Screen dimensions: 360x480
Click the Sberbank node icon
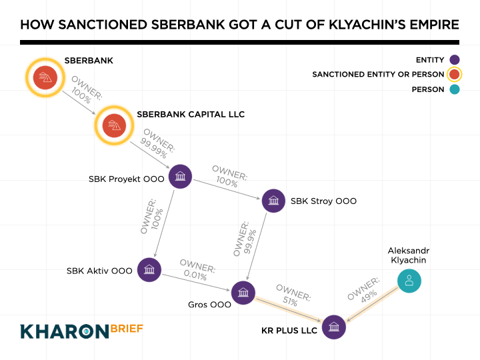45,77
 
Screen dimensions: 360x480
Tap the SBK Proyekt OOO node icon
180,177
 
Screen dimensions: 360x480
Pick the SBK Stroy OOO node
273,201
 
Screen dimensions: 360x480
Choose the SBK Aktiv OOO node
149,270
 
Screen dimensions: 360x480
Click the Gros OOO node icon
243,292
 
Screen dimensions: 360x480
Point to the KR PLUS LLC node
333,327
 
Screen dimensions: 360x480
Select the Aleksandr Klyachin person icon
409,281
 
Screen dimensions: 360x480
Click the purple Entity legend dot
455,60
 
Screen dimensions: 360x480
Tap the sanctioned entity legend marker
455,75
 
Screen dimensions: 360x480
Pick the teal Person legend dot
455,89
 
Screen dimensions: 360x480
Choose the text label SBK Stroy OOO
323,201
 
